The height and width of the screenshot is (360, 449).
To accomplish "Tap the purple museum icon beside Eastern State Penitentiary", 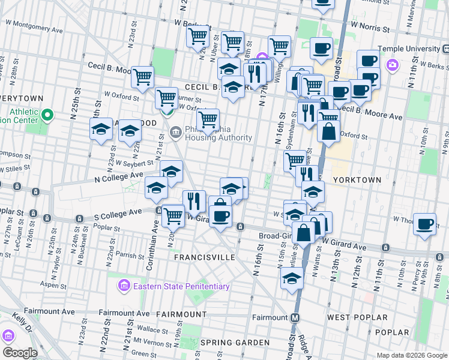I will tap(125, 285).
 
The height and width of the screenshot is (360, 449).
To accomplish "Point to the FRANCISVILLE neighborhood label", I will tap(204, 257).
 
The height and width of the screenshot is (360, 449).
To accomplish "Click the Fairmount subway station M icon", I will tap(295, 317).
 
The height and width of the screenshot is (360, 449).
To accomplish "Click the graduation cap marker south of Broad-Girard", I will tap(292, 278).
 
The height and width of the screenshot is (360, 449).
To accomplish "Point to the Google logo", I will tap(20, 353).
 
